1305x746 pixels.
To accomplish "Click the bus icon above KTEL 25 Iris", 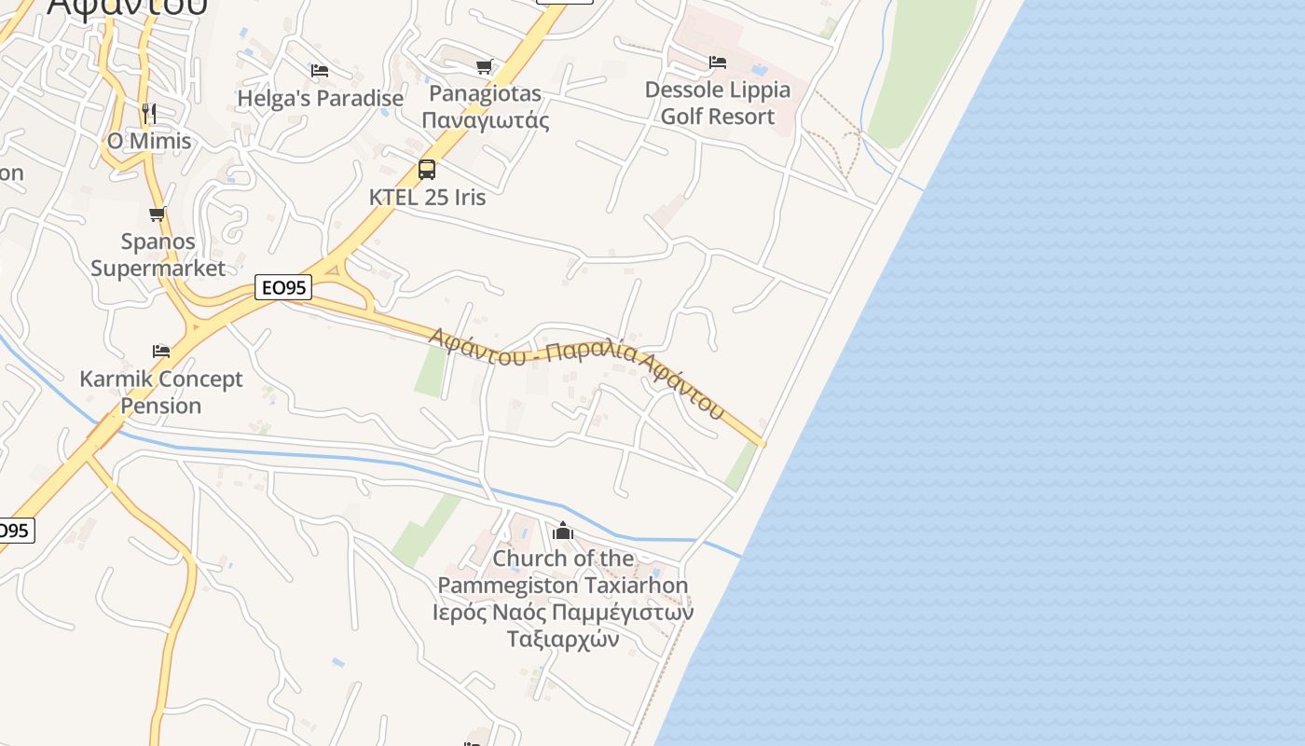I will [x=427, y=170].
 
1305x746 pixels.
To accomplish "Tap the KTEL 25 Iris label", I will [x=427, y=197].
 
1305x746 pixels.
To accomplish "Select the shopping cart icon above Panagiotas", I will [x=484, y=66].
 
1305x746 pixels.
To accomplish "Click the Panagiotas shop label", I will [x=485, y=106].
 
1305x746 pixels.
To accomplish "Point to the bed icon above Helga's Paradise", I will [x=320, y=71].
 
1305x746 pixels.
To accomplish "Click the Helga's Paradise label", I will [x=320, y=98].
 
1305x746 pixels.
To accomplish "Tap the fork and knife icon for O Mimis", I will [x=149, y=114].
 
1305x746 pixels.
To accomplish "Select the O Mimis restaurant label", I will [x=149, y=141].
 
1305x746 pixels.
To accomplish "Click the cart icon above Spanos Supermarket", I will [x=158, y=214].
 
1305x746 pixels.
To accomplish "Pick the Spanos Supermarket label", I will [x=158, y=255].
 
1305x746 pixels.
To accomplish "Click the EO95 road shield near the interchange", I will [x=282, y=287].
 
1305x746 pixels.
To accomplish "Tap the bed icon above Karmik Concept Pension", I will [x=161, y=352].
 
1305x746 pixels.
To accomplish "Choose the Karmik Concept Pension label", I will [x=161, y=392].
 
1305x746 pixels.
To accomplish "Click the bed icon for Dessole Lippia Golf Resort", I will [x=717, y=62].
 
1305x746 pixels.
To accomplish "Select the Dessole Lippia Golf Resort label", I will [x=717, y=103].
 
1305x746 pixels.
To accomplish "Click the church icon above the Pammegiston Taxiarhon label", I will [x=563, y=532].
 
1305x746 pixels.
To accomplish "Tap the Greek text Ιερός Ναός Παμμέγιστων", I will [x=563, y=613].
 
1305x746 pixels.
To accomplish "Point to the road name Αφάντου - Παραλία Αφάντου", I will [x=576, y=371].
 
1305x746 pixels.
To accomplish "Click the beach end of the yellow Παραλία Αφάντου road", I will [x=761, y=442].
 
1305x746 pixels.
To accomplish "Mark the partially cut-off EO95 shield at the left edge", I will [x=15, y=531].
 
